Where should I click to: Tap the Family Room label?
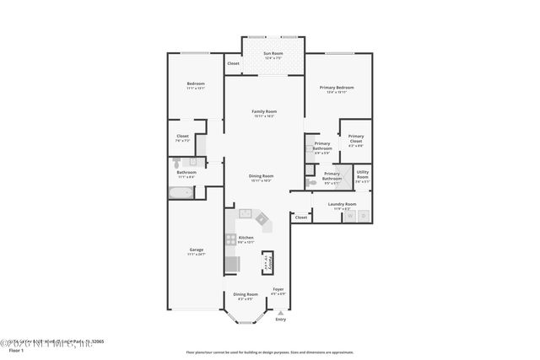point(264,113)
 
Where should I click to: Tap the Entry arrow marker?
point(280,312)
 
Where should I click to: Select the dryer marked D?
point(364,217)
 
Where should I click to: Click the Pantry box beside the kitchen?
point(268,262)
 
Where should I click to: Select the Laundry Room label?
point(342,205)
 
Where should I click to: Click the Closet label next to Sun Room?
point(233,63)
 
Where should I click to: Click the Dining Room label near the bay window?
point(245,295)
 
